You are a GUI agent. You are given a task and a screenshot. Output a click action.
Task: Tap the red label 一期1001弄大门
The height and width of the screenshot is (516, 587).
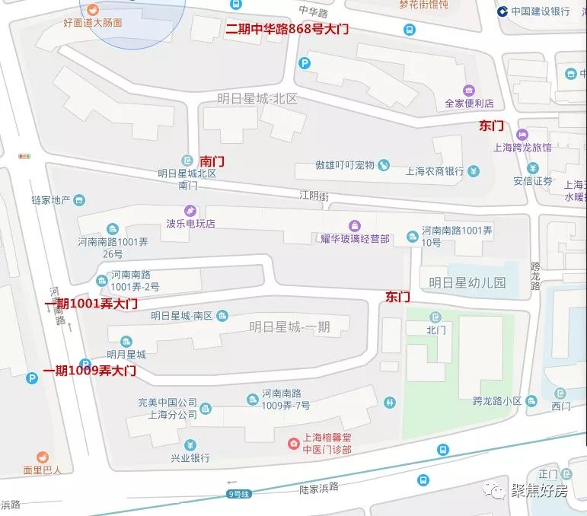pos(91,304)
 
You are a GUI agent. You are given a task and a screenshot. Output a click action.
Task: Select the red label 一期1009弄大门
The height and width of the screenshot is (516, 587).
pos(89,371)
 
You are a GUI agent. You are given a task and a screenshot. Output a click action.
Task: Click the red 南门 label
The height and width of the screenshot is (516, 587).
pos(212,162)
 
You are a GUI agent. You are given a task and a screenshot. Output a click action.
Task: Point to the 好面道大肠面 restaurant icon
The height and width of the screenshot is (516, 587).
pos(92,9)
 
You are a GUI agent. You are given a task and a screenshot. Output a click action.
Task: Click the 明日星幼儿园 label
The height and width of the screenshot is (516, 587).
pos(467,282)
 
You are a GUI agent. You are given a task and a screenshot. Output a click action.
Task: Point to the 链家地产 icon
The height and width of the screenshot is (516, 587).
pos(80,200)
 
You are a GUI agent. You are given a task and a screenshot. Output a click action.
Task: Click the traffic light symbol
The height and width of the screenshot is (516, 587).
pos(24,156)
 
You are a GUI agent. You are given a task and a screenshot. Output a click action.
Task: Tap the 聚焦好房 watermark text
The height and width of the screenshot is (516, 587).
pos(539,491)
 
